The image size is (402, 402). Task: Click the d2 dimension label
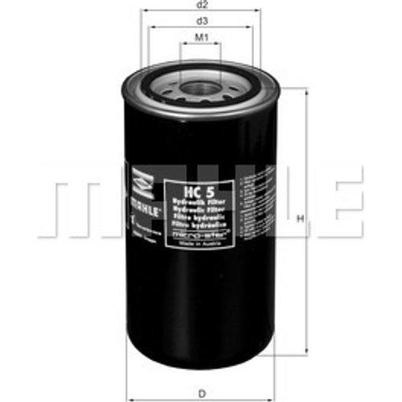(201, 4)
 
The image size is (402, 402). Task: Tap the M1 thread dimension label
(201, 37)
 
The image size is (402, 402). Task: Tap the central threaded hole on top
(200, 87)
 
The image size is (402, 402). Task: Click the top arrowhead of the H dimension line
(306, 91)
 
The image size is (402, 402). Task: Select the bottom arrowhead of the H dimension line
(306, 353)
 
